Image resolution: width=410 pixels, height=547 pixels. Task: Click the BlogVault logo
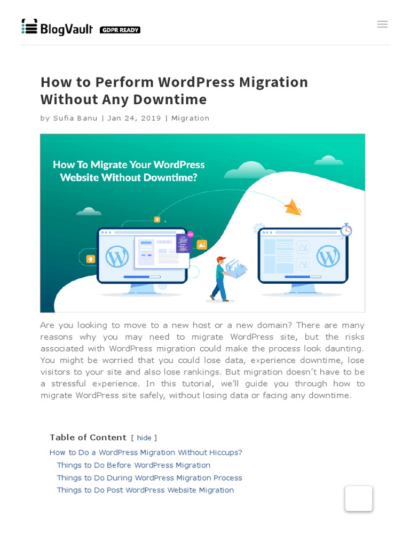point(57,27)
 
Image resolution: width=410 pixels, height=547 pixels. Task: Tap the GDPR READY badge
point(120,30)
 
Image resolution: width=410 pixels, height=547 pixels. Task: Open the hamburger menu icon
point(382,24)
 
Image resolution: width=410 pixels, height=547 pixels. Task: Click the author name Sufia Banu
point(75,118)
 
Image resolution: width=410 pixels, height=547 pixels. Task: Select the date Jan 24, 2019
point(134,118)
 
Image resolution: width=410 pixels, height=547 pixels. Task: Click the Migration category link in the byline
point(190,118)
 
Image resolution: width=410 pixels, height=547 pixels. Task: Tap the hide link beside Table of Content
point(144,438)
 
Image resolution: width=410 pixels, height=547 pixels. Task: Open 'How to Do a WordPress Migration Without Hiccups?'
point(146,452)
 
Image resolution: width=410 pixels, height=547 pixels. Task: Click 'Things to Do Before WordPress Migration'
point(133,465)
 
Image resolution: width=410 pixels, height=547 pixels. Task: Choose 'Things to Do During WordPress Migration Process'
point(149,478)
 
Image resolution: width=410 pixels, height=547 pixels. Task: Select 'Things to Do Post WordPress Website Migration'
point(145,490)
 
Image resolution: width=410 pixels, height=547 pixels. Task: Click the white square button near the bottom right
point(359,498)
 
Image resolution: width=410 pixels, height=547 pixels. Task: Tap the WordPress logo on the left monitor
point(117,256)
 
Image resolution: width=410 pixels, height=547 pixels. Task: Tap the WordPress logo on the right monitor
point(328,256)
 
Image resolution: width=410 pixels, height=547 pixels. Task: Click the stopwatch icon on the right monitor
point(346,229)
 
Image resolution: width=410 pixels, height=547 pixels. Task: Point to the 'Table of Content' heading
point(88,437)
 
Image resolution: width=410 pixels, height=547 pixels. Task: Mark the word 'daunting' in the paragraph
point(344,348)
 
